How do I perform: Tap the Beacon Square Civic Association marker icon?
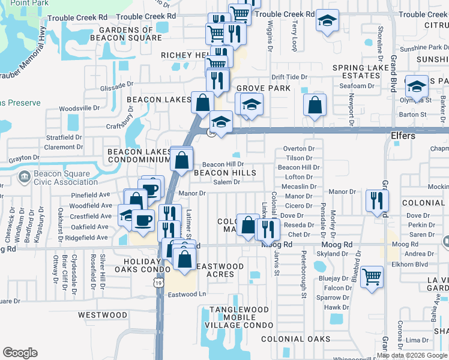coord(25,177)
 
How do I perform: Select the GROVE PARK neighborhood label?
coord(263,88)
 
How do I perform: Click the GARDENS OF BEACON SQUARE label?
coord(126,34)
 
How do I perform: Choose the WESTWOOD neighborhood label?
coord(103,314)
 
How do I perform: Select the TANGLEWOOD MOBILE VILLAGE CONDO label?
coord(240,317)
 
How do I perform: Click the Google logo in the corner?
coord(20,353)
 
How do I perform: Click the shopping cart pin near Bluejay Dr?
coord(372,276)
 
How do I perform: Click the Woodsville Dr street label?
coord(79,108)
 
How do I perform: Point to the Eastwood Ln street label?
coord(187,294)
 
